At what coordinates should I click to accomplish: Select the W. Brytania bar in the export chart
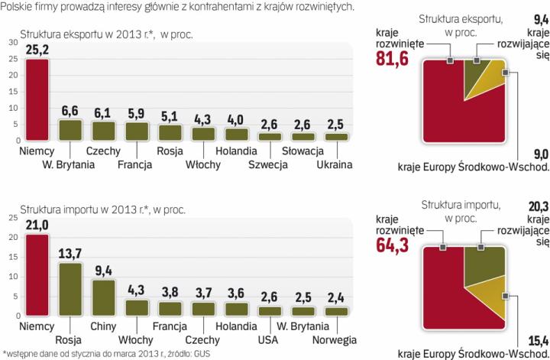[x=70, y=131]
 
